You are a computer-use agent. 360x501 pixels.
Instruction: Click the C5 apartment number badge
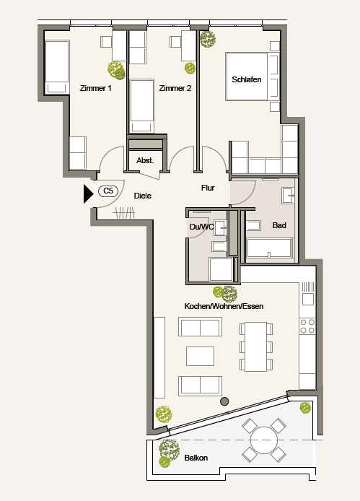pos(108,191)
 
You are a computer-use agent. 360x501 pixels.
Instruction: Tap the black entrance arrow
pos(88,193)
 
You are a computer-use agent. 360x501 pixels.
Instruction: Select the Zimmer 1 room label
pos(95,88)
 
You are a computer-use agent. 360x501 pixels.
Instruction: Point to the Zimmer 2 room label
pos(175,88)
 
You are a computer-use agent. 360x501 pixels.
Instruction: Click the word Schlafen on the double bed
pos(247,79)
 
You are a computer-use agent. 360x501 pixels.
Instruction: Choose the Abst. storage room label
pos(145,160)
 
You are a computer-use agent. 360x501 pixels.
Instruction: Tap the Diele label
pos(142,196)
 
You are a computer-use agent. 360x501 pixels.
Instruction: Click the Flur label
pos(208,188)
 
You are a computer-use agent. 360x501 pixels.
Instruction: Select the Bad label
pos(279,225)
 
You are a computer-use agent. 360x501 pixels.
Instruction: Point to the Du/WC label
pos(201,227)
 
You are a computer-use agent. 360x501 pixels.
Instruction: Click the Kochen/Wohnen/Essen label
pos(224,306)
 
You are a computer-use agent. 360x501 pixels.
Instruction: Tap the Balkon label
pos(196,458)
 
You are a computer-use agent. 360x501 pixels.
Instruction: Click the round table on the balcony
pos(264,440)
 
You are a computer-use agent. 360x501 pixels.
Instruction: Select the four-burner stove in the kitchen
pos(307,326)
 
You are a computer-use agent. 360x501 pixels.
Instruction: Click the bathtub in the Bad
pos(270,248)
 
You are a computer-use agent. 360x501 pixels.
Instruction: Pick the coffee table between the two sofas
pos(201,357)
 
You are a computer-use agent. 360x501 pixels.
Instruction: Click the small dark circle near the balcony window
pos(224,401)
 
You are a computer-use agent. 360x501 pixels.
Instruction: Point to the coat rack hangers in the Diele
pos(124,213)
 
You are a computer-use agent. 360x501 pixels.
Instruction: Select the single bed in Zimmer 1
pos(57,67)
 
